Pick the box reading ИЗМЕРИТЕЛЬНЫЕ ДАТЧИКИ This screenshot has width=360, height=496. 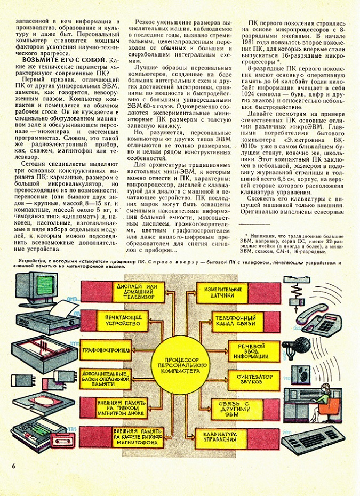click(x=223, y=291)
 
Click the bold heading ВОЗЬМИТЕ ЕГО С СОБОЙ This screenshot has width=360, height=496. click(x=59, y=61)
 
